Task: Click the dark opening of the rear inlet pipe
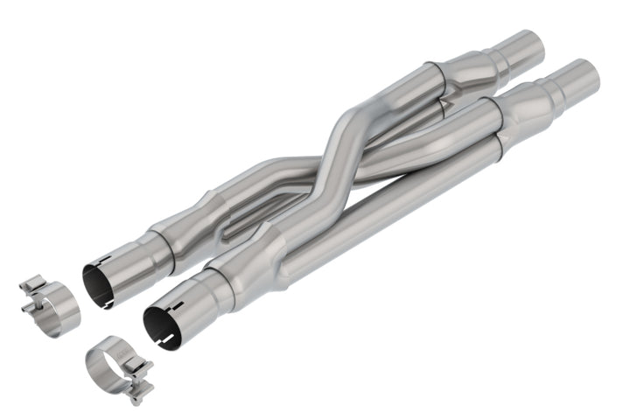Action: point(97,283)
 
